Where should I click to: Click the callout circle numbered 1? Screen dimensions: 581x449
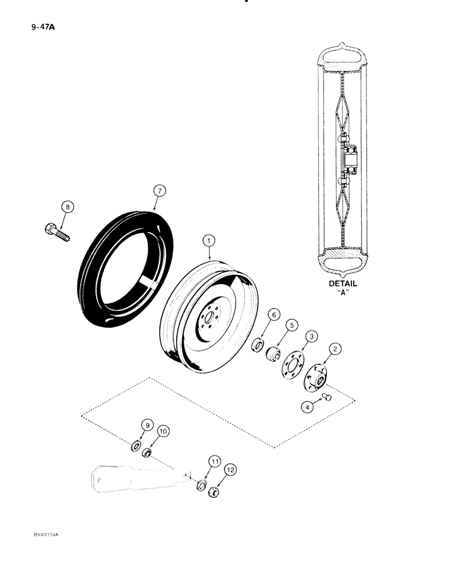[206, 239]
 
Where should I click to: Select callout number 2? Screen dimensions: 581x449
[336, 349]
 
